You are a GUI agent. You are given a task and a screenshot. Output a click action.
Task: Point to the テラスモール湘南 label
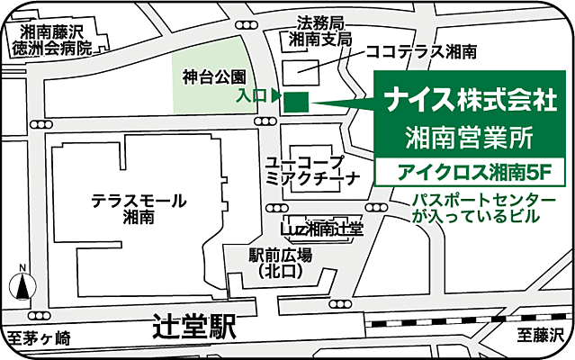tap(138, 208)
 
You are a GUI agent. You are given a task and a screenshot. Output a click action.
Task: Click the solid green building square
tap(295, 102)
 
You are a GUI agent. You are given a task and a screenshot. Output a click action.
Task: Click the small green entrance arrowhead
tap(276, 94)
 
